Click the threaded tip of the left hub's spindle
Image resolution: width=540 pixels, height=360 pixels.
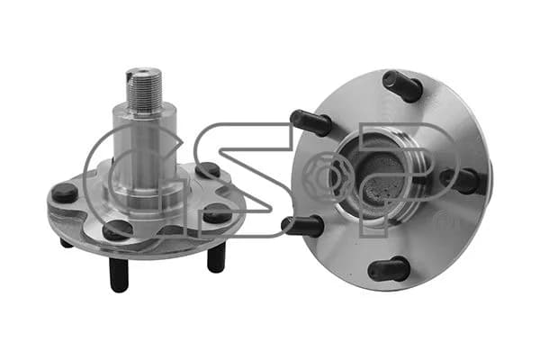tap(144, 89)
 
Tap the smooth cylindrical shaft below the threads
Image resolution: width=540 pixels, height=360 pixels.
tap(145, 151)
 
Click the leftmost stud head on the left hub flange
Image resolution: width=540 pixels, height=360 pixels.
tap(65, 193)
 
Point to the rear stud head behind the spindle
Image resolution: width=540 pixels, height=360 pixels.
tap(207, 170)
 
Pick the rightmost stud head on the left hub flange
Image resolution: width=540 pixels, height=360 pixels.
tap(218, 213)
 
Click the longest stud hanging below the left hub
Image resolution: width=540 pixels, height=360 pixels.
tap(119, 274)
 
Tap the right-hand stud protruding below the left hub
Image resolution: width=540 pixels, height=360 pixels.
tap(217, 257)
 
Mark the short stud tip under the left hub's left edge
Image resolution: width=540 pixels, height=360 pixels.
tap(66, 243)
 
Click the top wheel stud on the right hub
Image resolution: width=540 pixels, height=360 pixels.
tap(402, 85)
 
